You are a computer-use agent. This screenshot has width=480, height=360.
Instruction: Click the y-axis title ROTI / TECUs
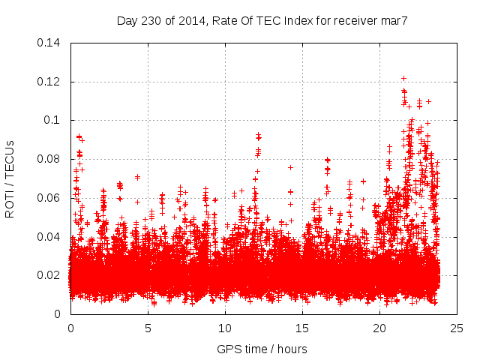(10, 178)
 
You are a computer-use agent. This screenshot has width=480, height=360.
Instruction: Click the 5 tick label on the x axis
(148, 328)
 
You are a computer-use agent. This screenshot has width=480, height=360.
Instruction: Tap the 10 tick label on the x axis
(225, 328)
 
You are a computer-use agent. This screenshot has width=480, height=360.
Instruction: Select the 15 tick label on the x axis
(302, 328)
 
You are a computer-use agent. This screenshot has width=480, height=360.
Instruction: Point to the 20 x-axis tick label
(379, 328)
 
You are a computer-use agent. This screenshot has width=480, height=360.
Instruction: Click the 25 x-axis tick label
(457, 328)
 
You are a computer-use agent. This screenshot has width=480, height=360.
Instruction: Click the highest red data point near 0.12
(403, 78)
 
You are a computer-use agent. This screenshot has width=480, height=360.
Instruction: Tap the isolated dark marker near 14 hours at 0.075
(290, 167)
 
